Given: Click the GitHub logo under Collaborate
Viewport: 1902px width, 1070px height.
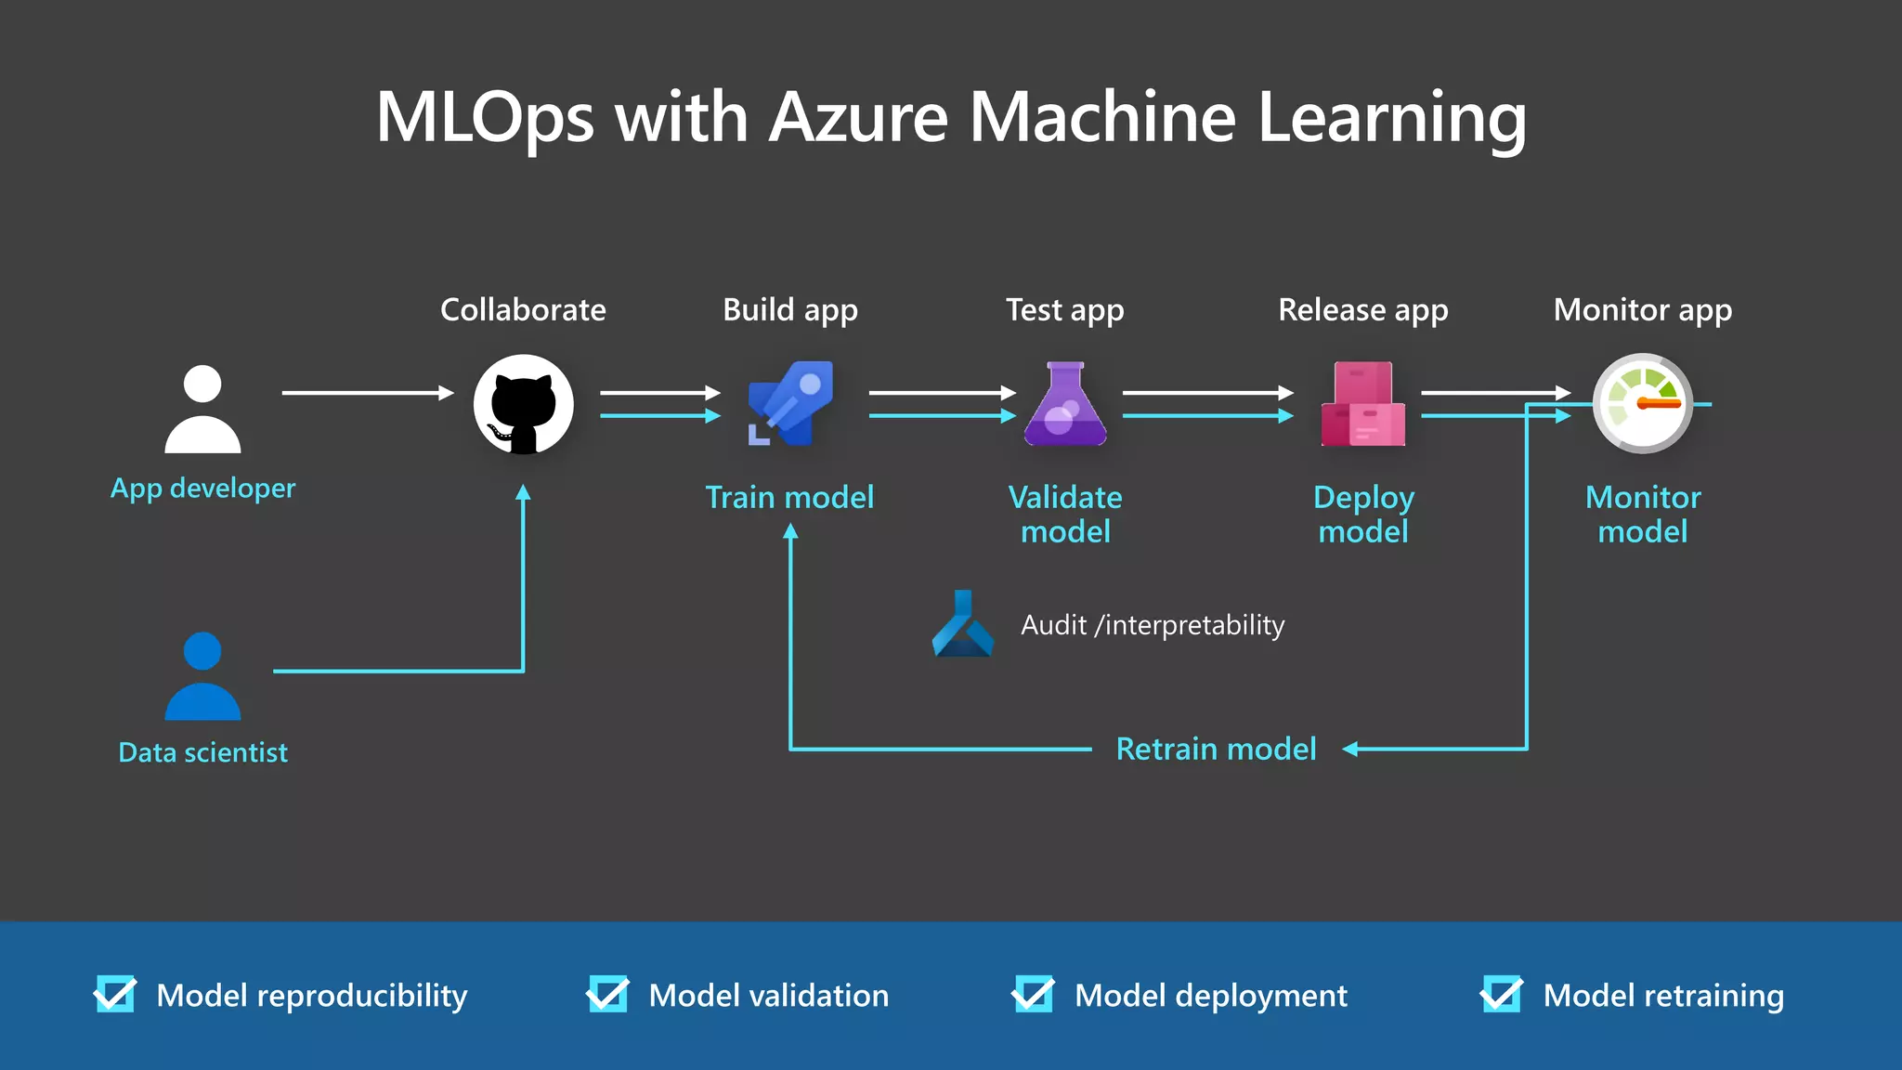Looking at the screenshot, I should click(x=523, y=405).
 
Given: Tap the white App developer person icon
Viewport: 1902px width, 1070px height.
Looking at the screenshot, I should click(x=202, y=410).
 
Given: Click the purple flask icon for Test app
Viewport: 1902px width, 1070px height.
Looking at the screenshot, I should click(x=1065, y=405).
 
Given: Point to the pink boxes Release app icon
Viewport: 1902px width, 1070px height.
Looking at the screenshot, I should click(x=1362, y=405).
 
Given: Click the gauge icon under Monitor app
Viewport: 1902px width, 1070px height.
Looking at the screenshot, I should click(x=1642, y=404).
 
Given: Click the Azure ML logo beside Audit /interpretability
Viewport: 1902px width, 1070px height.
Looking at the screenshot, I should click(x=963, y=624).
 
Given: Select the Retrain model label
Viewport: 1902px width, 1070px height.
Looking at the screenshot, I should click(x=1216, y=749).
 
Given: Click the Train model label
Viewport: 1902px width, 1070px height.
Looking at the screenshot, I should click(x=789, y=498).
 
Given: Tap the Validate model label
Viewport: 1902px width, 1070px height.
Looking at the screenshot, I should click(x=1065, y=515).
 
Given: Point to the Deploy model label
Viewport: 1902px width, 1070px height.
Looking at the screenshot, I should click(x=1363, y=515).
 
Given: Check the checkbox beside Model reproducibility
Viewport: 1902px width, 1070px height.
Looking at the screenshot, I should click(x=115, y=995).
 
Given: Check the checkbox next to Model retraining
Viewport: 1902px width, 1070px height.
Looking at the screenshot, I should click(x=1502, y=995).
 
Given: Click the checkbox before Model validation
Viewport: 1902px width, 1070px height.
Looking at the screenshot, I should click(x=607, y=995).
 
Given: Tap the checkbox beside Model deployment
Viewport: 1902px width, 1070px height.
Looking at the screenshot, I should click(x=1033, y=995).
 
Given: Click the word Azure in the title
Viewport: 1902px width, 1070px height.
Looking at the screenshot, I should click(x=859, y=118).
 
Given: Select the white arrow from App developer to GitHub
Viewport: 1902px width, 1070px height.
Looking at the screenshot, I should click(x=367, y=393).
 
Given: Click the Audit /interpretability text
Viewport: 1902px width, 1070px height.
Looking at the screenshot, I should click(x=1153, y=625).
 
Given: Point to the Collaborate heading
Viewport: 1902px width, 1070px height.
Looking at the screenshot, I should click(x=523, y=309).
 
